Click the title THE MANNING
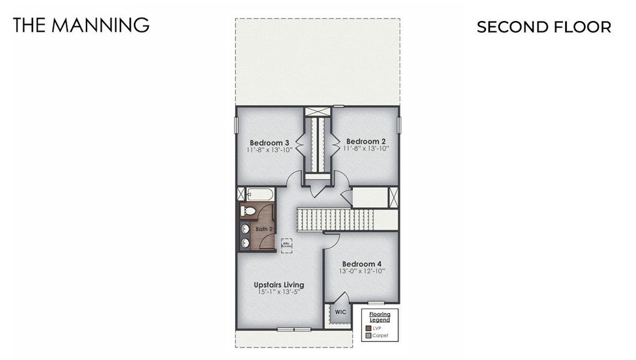(x=81, y=25)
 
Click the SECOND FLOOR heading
(x=544, y=27)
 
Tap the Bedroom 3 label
(x=269, y=142)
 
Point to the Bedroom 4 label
(x=362, y=264)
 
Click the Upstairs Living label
(x=278, y=284)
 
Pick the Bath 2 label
(x=264, y=229)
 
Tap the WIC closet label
(x=340, y=312)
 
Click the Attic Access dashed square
(x=287, y=245)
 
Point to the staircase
(x=335, y=220)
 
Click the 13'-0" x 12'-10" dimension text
(x=362, y=272)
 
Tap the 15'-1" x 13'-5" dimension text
(x=278, y=292)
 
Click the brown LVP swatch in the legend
(x=368, y=328)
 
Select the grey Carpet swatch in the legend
(x=368, y=336)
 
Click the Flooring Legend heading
(x=379, y=317)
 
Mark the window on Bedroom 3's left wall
(x=236, y=125)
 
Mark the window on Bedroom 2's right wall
(x=399, y=125)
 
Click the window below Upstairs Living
(x=294, y=329)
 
